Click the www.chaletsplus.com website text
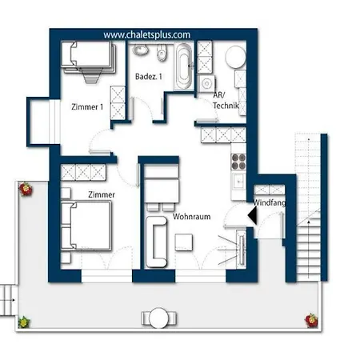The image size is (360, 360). pos(147,35)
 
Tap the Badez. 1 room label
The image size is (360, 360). pos(149,77)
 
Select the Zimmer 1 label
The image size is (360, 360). pos(87,107)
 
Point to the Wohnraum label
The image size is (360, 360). pos(191,216)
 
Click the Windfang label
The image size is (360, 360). pos(269,202)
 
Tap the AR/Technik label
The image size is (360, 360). pos(226,101)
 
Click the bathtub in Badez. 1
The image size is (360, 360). pos(184,66)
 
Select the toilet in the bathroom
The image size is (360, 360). pos(162,52)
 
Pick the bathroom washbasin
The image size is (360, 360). pos(141,50)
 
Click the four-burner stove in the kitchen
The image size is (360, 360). pos(238,162)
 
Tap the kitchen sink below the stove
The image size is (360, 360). pos(238,182)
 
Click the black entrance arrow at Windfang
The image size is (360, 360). pos(253,215)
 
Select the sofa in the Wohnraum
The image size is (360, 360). pos(157,242)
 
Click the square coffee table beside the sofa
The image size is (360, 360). pos(184,242)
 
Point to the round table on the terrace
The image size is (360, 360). pos(159,318)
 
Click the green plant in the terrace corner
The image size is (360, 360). pos(24,322)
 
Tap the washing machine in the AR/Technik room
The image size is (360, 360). pos(206,83)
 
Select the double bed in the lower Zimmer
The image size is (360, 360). pos(86,226)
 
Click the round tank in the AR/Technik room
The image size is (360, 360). pos(236,57)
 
